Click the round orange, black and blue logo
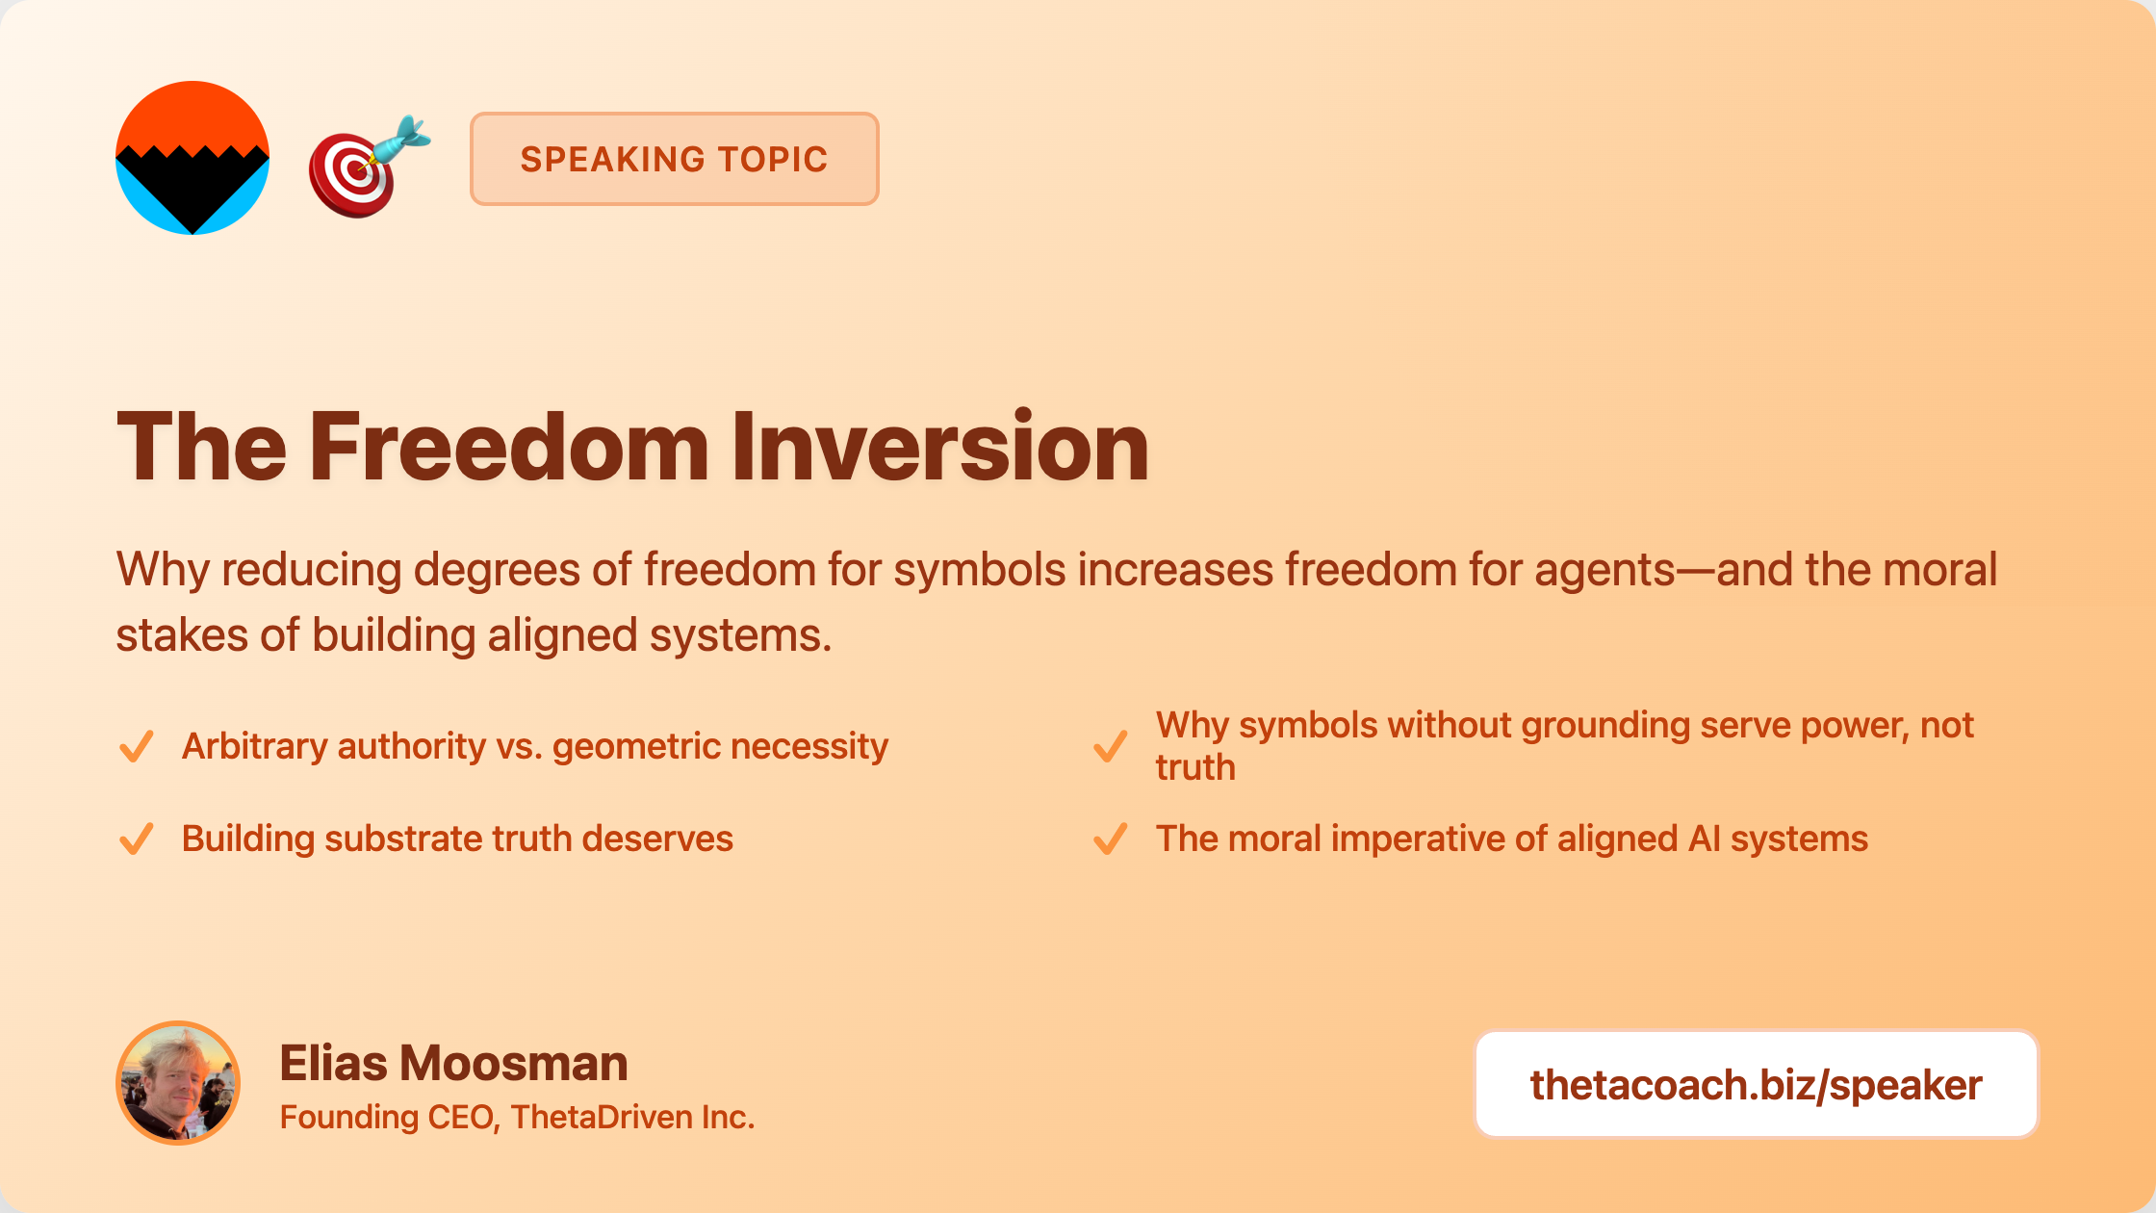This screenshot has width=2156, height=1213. click(x=192, y=158)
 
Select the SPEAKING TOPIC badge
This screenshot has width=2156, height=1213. click(x=674, y=159)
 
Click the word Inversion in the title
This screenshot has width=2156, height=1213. click(x=939, y=446)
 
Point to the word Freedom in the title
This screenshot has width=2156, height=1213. click(x=509, y=446)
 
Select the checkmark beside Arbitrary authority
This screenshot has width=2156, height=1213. click(x=136, y=746)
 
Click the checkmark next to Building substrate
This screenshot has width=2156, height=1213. click(x=136, y=839)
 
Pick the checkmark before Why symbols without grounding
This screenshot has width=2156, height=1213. click(x=1110, y=746)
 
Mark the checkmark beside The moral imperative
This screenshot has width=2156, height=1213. click(x=1110, y=839)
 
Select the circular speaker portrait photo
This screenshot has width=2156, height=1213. click(x=178, y=1083)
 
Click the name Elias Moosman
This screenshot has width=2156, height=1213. click(x=453, y=1064)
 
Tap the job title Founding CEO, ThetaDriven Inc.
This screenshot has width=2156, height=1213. click(x=517, y=1117)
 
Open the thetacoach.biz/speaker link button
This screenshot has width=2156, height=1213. click(x=1757, y=1085)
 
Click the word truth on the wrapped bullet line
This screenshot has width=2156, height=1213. click(x=1195, y=768)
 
